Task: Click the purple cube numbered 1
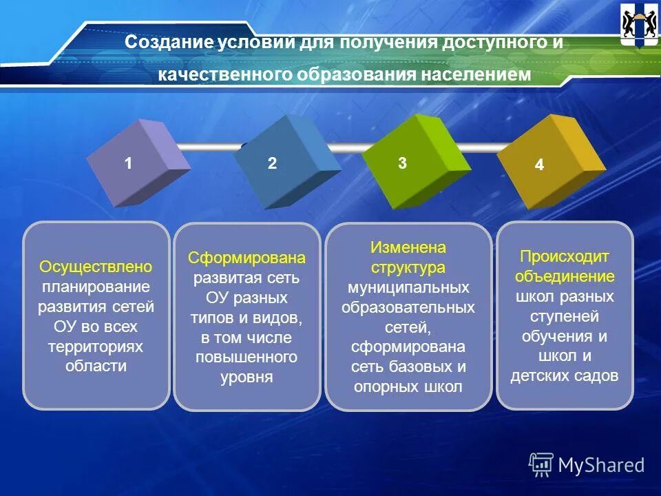137,163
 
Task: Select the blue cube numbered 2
285,163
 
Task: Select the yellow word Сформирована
246,258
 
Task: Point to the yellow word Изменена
408,247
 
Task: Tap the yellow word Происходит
565,256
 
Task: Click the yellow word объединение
565,276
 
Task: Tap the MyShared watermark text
601,465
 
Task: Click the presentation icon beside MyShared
541,465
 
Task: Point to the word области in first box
96,366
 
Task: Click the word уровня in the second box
246,377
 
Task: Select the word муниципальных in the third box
408,287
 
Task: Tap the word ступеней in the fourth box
565,316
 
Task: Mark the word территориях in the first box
96,346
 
